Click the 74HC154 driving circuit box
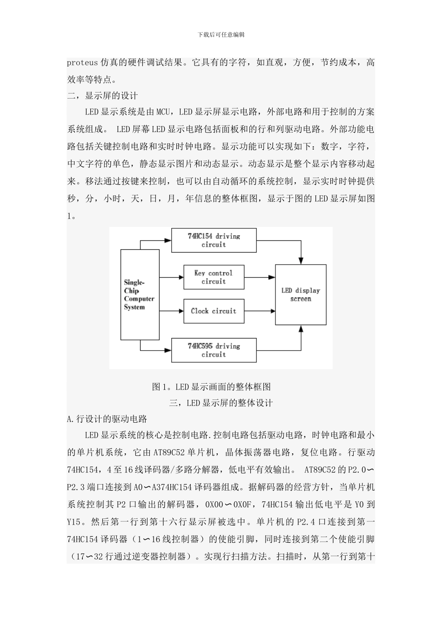[214, 240]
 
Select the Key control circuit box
[214, 277]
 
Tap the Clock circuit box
[214, 311]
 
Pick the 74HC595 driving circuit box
[214, 350]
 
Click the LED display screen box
[301, 294]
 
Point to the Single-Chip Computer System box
[140, 294]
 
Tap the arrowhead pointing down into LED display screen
[301, 260]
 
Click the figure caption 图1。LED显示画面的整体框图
[211, 386]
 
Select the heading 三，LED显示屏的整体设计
[221, 403]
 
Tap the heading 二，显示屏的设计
[102, 96]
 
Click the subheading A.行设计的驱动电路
[107, 419]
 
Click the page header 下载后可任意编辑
[221, 35]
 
